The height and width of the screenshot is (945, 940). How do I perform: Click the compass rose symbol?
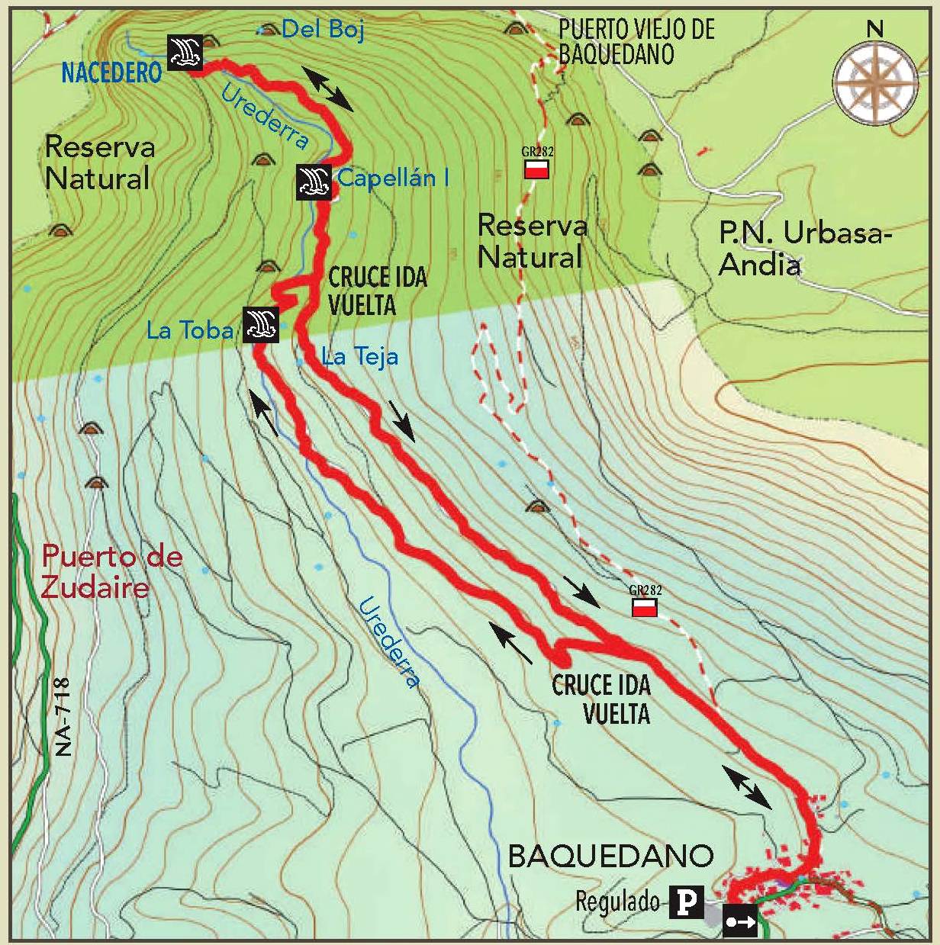click(x=874, y=83)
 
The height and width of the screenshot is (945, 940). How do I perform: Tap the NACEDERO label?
click(x=111, y=72)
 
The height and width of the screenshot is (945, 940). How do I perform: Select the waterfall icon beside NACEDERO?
click(x=185, y=53)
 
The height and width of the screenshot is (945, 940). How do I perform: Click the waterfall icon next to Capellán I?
click(x=314, y=182)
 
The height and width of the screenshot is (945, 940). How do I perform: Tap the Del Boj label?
click(x=322, y=30)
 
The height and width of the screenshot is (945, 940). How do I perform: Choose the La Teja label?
click(x=359, y=356)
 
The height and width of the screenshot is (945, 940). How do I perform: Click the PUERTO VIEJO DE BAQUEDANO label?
click(x=636, y=42)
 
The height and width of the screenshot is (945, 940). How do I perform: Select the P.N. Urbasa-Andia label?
click(x=804, y=249)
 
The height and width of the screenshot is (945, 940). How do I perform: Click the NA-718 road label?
click(x=62, y=717)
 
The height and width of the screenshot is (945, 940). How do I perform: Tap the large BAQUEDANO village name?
click(x=610, y=856)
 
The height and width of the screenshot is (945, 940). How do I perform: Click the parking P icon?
click(x=686, y=902)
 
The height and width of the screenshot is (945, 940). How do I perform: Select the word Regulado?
click(x=617, y=902)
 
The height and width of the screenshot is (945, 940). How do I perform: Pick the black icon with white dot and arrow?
click(x=739, y=921)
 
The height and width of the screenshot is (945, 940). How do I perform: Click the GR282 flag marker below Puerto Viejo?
click(x=537, y=169)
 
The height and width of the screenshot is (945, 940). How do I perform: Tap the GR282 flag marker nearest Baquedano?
click(x=645, y=607)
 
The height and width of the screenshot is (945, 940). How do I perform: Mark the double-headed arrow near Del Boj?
click(x=328, y=88)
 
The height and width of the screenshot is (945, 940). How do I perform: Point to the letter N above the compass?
click(x=874, y=30)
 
